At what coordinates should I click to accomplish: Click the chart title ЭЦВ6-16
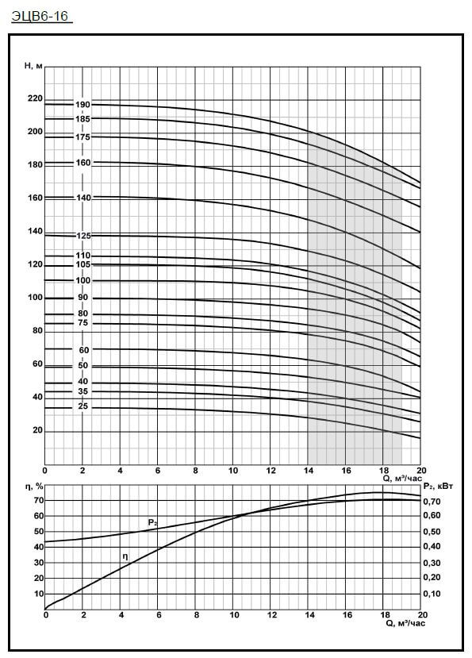[40, 17]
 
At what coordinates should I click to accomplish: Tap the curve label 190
[83, 105]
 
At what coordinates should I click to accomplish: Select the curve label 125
[83, 236]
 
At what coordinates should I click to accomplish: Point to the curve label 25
[83, 406]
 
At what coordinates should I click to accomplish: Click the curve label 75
[83, 323]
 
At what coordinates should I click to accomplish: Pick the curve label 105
[83, 264]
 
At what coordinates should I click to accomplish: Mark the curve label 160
[83, 163]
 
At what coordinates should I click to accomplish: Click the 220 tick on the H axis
[35, 98]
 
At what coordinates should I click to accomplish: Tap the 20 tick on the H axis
[38, 430]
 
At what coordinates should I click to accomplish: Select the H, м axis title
[33, 65]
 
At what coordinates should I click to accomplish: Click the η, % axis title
[33, 487]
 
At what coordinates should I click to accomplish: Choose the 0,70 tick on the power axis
[432, 501]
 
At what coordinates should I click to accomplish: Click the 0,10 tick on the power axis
[432, 594]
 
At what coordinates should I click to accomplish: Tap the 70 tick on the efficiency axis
[39, 500]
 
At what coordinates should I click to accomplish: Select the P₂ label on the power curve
[153, 522]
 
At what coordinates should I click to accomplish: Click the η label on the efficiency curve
[125, 557]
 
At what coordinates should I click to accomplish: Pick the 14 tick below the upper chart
[309, 471]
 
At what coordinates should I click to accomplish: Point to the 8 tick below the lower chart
[196, 615]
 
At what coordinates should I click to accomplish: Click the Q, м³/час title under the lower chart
[405, 624]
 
